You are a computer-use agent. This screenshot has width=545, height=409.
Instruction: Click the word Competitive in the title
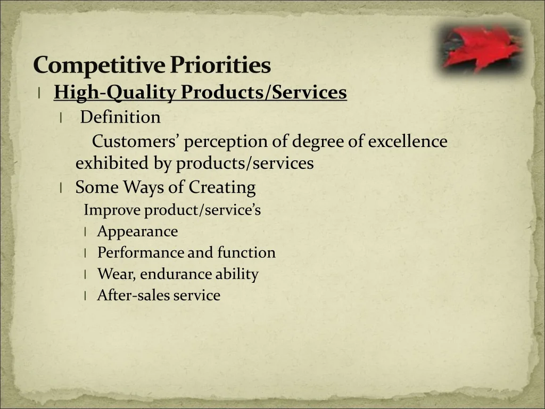99,65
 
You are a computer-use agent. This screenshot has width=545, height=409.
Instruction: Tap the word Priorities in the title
220,64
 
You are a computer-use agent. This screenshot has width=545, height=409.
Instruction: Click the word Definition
120,117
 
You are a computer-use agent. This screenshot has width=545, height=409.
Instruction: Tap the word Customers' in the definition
135,141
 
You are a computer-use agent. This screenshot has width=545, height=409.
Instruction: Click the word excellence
408,141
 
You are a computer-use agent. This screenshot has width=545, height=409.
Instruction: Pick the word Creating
222,187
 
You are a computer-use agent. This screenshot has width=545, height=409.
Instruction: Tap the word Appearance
138,232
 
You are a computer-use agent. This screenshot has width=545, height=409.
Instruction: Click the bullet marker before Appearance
85,232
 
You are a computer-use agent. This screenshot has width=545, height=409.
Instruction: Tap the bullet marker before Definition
61,118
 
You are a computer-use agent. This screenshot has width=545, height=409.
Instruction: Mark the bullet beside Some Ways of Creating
61,188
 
